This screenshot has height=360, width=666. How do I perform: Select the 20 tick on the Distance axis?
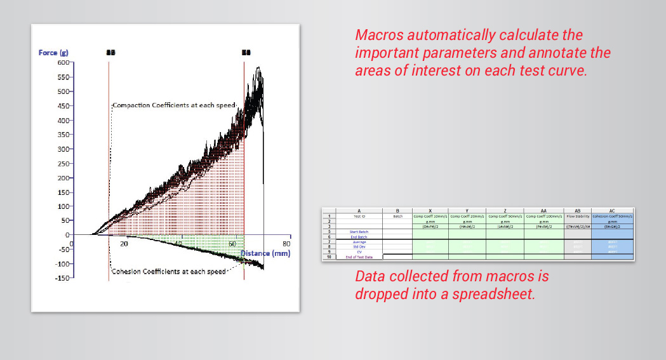pos(124,244)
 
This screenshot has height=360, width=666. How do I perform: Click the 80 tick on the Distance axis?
pos(286,244)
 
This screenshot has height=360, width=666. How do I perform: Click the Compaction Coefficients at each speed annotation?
pos(174,105)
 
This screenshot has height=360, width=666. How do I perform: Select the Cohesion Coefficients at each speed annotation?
pos(168,272)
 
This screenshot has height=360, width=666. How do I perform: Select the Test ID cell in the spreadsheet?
pos(359,216)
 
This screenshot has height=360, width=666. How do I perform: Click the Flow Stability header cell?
pos(577,216)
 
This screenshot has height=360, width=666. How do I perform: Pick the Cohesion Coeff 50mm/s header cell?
pos(612,216)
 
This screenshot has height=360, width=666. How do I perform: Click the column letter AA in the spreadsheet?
pos(543,210)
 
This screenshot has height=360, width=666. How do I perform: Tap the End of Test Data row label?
pos(359,257)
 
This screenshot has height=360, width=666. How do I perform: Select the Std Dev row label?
pos(359,247)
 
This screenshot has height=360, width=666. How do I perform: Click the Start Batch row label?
pos(359,232)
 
